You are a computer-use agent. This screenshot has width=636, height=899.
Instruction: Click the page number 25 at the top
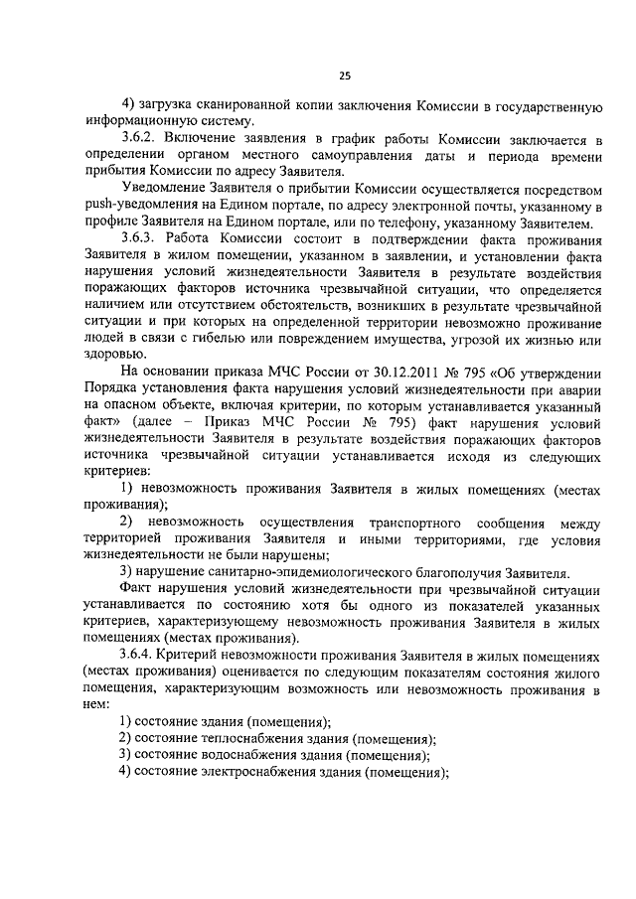(x=345, y=75)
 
